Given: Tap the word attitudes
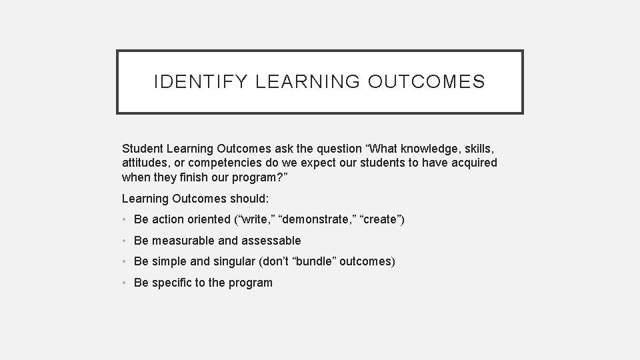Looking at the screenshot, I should tap(145, 162).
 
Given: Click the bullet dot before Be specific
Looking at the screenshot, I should tap(125, 283).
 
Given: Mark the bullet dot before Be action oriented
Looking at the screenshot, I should tap(125, 219).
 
